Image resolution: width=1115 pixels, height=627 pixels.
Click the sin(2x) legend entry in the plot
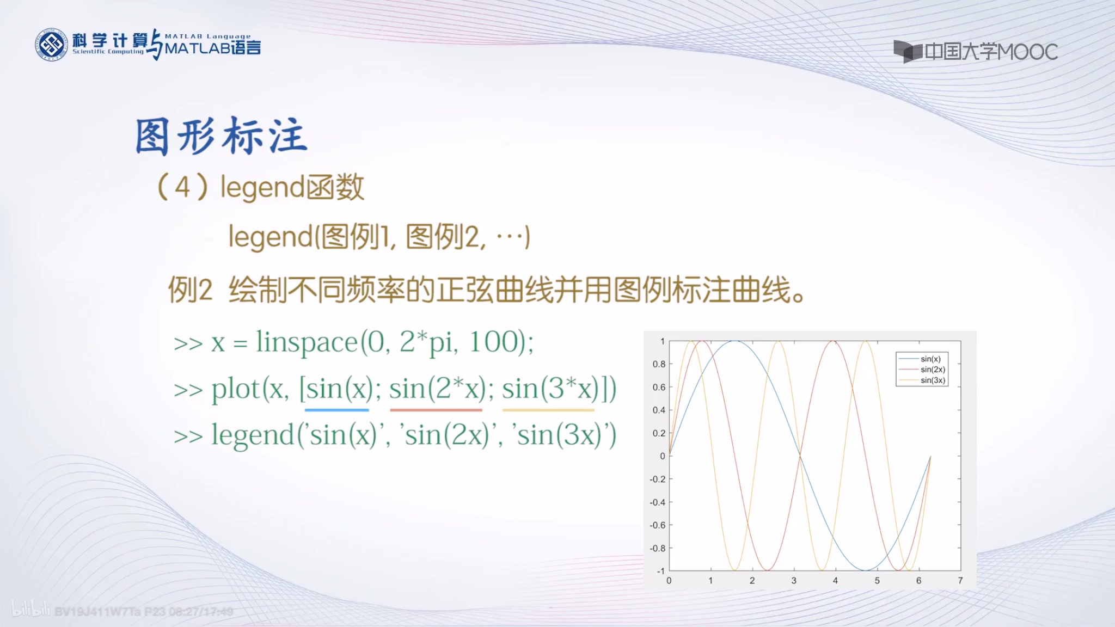tap(932, 370)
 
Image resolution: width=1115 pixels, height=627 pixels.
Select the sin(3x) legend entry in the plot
tap(932, 380)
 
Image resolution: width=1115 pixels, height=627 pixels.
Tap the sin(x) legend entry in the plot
tap(930, 359)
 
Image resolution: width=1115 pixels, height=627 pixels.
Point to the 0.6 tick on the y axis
tap(659, 387)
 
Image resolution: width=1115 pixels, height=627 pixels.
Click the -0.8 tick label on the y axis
tap(657, 548)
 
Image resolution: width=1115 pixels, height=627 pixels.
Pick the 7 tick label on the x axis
tap(960, 581)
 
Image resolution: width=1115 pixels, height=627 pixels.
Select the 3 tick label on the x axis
tap(794, 581)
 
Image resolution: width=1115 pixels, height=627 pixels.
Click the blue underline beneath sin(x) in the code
tap(336, 409)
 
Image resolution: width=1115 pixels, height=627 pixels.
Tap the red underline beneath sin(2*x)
tap(436, 409)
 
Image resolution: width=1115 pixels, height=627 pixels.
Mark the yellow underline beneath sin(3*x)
tap(548, 409)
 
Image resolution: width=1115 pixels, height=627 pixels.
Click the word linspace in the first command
tap(307, 342)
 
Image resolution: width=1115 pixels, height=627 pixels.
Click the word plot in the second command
tap(236, 389)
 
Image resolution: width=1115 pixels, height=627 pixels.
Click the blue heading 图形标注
tap(221, 136)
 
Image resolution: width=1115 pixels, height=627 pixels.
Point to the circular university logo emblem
tap(52, 45)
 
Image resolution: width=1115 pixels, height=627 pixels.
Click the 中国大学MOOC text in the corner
tap(991, 52)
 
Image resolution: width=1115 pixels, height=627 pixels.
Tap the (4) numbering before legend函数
tap(182, 187)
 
